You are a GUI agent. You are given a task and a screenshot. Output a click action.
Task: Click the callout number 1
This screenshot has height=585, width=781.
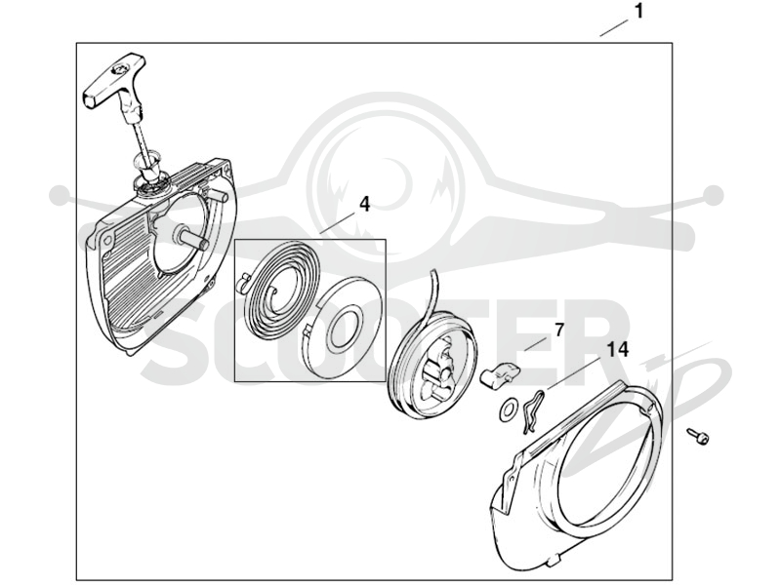point(639,11)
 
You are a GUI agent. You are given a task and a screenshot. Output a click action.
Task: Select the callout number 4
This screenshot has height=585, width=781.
point(364,204)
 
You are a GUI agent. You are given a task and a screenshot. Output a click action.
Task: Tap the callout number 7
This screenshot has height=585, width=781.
point(558,330)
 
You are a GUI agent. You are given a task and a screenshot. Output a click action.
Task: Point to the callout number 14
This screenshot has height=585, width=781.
point(618,349)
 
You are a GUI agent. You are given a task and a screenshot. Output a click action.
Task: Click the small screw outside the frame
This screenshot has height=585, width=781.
point(698,436)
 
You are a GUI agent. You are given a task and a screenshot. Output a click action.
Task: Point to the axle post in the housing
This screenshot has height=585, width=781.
point(192,238)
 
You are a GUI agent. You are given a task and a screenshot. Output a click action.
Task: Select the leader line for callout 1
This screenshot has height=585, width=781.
point(614,28)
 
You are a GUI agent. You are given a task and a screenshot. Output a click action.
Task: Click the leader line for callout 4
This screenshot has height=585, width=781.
point(338,222)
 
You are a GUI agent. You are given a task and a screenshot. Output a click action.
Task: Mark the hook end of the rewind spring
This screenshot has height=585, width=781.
point(244,281)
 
